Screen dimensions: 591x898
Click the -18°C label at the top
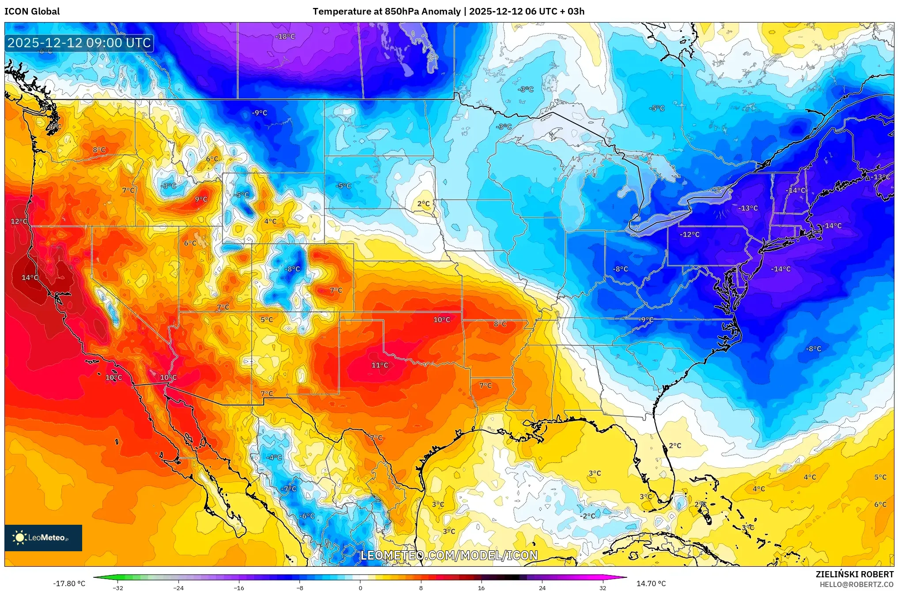click(285, 37)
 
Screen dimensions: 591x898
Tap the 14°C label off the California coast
click(30, 278)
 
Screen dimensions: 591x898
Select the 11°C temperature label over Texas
click(379, 365)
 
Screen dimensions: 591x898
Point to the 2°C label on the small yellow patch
click(423, 204)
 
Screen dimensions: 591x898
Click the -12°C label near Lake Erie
click(690, 235)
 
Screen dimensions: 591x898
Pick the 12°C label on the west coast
click(19, 221)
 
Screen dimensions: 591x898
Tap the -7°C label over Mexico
click(288, 489)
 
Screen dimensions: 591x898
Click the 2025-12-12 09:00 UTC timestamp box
click(80, 43)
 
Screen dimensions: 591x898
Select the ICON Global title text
click(32, 11)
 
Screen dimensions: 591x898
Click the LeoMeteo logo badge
click(43, 538)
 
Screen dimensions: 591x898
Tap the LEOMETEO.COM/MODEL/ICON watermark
click(449, 555)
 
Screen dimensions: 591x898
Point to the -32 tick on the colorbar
click(118, 588)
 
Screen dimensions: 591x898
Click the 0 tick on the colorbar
click(360, 588)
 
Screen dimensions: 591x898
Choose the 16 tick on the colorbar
click(481, 588)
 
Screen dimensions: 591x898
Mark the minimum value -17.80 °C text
click(69, 583)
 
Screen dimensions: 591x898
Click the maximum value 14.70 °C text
click(651, 583)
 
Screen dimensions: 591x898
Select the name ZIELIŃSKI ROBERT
click(854, 574)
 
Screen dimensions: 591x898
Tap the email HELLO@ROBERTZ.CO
click(856, 584)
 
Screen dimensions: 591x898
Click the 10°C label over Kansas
click(441, 320)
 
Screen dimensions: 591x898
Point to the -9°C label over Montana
click(259, 113)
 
